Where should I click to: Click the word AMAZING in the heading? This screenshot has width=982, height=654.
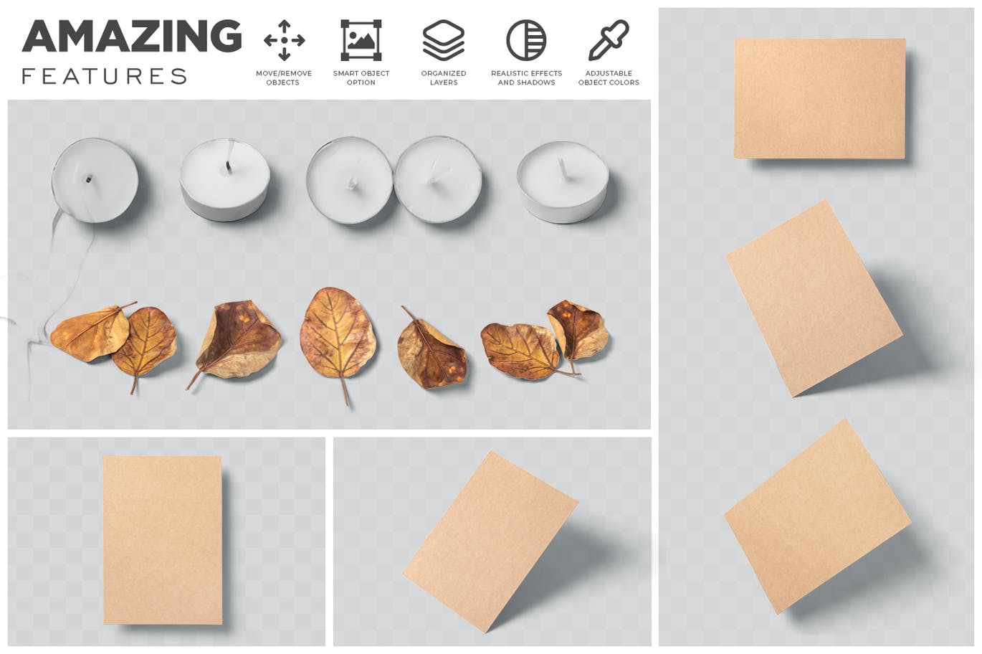click(x=132, y=36)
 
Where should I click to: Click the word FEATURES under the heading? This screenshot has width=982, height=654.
click(x=105, y=76)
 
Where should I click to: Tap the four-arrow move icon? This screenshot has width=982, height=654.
click(x=284, y=40)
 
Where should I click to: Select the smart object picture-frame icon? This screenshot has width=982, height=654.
click(x=361, y=40)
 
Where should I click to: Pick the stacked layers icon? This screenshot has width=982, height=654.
click(x=444, y=40)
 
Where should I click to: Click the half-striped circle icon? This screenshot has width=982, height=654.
click(x=526, y=40)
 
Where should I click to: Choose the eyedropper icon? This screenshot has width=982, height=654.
click(x=609, y=40)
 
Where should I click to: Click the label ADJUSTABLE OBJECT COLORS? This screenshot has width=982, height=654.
click(x=609, y=77)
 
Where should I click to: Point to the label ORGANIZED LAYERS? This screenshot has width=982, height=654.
click(x=444, y=77)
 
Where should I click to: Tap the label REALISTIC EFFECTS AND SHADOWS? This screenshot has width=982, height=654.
click(x=527, y=77)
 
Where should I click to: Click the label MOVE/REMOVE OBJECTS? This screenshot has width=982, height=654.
click(x=284, y=77)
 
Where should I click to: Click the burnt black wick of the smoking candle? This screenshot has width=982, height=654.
click(x=89, y=179)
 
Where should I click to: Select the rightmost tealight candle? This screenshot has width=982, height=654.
click(x=563, y=182)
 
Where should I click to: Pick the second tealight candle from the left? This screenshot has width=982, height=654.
click(x=225, y=179)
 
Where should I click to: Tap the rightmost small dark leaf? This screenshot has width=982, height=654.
click(x=578, y=333)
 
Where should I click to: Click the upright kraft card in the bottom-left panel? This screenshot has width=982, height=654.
click(x=163, y=539)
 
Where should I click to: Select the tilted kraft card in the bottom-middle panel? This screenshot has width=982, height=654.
click(x=490, y=541)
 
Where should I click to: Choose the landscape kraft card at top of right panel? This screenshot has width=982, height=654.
click(x=820, y=98)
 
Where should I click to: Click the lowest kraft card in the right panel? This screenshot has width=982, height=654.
click(x=818, y=516)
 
